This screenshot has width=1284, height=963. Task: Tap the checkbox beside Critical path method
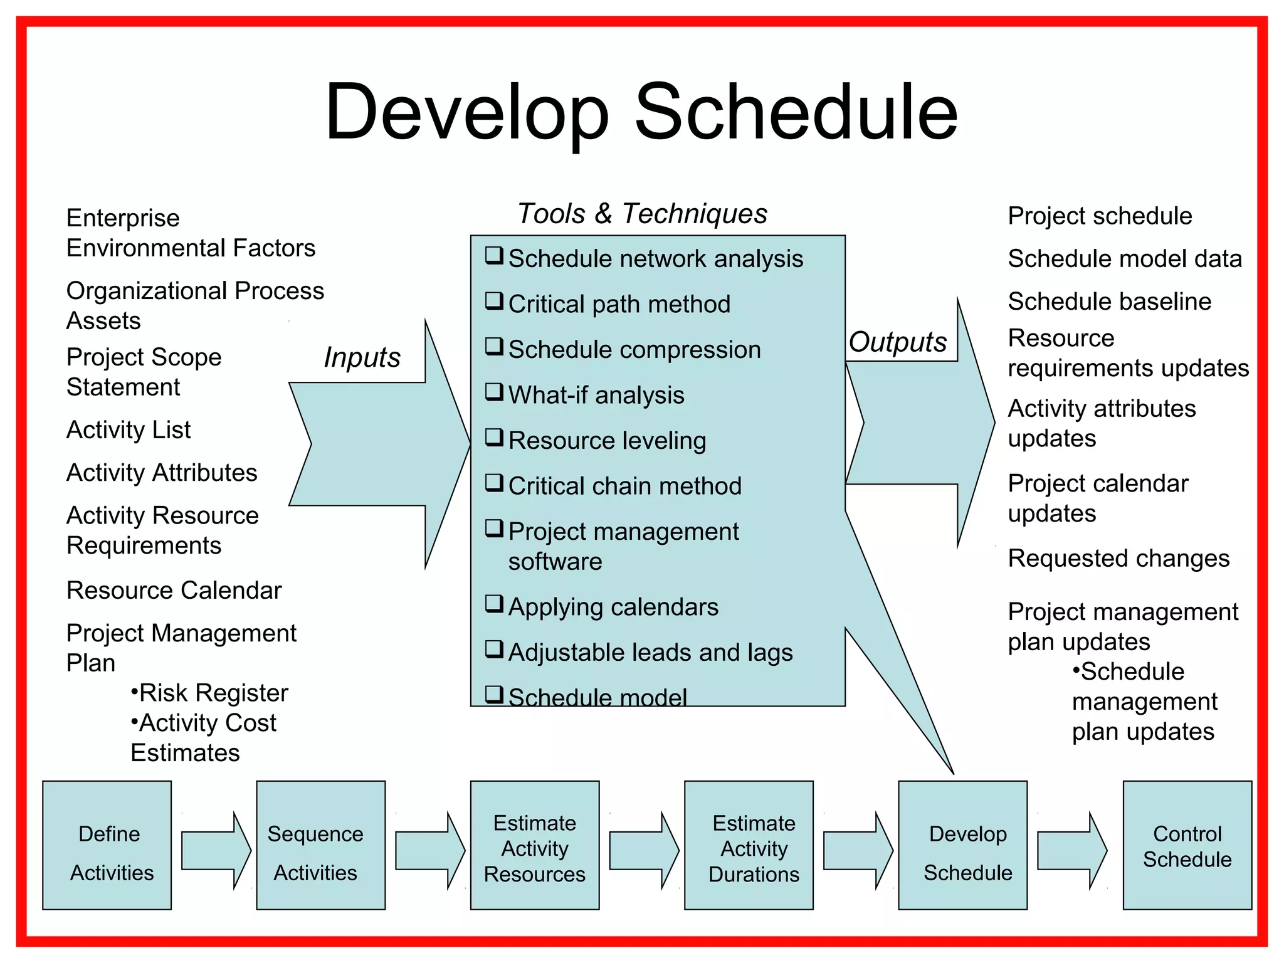tap(494, 302)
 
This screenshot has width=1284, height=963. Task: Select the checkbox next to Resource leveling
tap(494, 438)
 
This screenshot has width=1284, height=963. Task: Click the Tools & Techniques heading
tap(641, 214)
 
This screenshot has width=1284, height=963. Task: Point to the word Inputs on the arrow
tap(362, 358)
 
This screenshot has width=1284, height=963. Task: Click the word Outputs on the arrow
tap(897, 342)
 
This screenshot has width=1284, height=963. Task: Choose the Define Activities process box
tap(107, 845)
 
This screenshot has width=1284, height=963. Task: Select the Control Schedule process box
tap(1187, 845)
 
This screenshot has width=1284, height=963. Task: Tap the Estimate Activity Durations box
tap(749, 845)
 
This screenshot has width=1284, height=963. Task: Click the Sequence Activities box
tap(321, 845)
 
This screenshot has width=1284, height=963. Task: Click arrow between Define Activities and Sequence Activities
tap(215, 850)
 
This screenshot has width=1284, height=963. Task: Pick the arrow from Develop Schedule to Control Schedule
tap(1071, 850)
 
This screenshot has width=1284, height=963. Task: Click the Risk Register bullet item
tap(209, 693)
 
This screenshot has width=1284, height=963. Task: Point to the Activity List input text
tap(129, 430)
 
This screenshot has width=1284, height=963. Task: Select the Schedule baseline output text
tap(1109, 302)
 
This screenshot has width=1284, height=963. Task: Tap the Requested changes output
tap(1118, 558)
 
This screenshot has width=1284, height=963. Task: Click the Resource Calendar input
tap(174, 591)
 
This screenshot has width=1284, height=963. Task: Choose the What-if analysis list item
tap(596, 396)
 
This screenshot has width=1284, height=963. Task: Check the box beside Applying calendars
tap(494, 604)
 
